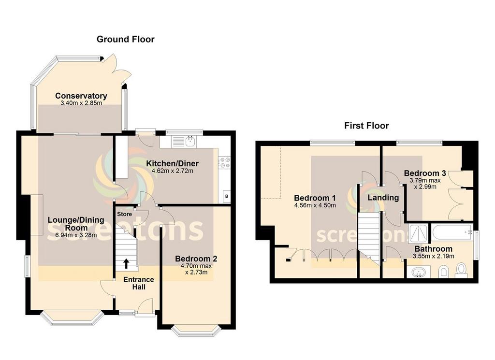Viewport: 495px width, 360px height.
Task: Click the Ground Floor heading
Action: [x=126, y=39]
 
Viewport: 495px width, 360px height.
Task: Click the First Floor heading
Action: [x=366, y=126]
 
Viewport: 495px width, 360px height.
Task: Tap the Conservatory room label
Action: [x=81, y=96]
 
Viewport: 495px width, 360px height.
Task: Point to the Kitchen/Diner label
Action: [x=173, y=163]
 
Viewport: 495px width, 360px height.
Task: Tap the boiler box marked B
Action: [x=226, y=196]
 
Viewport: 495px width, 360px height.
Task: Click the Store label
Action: [x=124, y=214]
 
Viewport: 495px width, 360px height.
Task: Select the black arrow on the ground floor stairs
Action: [x=126, y=263]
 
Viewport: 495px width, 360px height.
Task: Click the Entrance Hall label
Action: [x=138, y=283]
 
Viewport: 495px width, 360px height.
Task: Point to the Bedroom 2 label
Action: [x=193, y=258]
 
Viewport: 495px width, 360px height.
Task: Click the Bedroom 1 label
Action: [x=315, y=198]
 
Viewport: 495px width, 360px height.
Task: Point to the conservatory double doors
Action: [x=117, y=70]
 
